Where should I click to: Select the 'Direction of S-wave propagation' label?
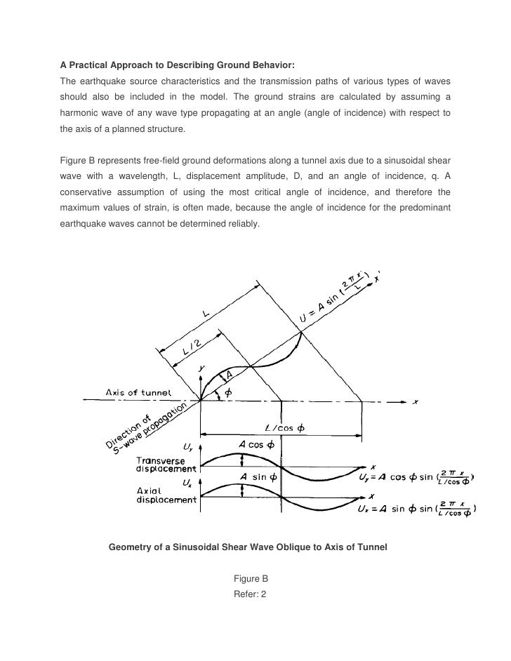pyautogui.click(x=146, y=426)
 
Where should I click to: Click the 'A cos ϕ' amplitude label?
pyautogui.click(x=258, y=445)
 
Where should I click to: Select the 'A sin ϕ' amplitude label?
pyautogui.click(x=260, y=476)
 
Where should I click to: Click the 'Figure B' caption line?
pyautogui.click(x=251, y=579)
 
